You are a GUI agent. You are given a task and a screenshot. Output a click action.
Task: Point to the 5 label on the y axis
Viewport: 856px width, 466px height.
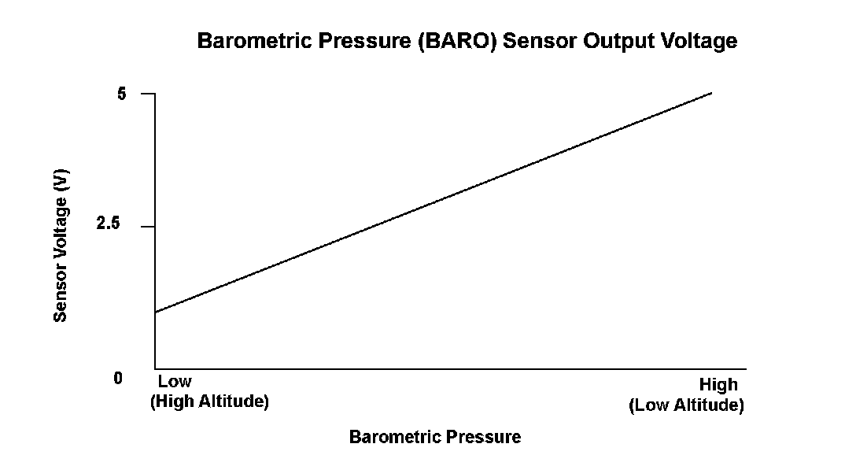pyautogui.click(x=122, y=94)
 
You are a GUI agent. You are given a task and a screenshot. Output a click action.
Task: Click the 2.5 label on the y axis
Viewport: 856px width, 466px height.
pyautogui.click(x=108, y=223)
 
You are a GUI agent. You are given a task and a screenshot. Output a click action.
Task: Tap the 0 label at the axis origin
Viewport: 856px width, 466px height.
pyautogui.click(x=118, y=378)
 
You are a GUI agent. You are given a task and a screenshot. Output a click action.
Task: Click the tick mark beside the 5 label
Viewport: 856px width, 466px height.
pyautogui.click(x=148, y=94)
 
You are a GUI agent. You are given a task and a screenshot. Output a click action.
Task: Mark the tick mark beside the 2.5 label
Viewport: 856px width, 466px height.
pyautogui.click(x=148, y=226)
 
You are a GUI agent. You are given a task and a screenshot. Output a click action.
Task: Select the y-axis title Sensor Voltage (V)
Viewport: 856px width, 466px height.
pyautogui.click(x=60, y=246)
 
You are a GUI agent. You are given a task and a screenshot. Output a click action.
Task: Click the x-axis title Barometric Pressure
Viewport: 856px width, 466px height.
pyautogui.click(x=435, y=437)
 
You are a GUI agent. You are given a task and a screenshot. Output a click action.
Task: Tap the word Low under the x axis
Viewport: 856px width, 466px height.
pyautogui.click(x=175, y=381)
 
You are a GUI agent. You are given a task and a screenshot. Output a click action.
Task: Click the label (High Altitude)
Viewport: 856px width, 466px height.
pyautogui.click(x=209, y=401)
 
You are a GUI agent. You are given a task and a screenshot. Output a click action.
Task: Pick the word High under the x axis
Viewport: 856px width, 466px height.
pyautogui.click(x=718, y=385)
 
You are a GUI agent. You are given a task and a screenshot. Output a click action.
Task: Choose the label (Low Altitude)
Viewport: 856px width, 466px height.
pyautogui.click(x=686, y=405)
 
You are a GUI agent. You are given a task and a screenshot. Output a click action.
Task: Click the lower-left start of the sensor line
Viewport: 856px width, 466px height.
pyautogui.click(x=156, y=313)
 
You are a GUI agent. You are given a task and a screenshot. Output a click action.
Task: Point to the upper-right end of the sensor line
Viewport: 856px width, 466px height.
pyautogui.click(x=712, y=93)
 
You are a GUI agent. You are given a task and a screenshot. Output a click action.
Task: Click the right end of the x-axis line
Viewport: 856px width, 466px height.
pyautogui.click(x=746, y=368)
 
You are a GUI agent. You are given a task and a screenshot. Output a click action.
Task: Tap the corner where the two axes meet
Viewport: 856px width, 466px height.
pyautogui.click(x=155, y=368)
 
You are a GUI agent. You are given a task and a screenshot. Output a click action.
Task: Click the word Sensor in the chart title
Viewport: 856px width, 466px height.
pyautogui.click(x=540, y=41)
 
